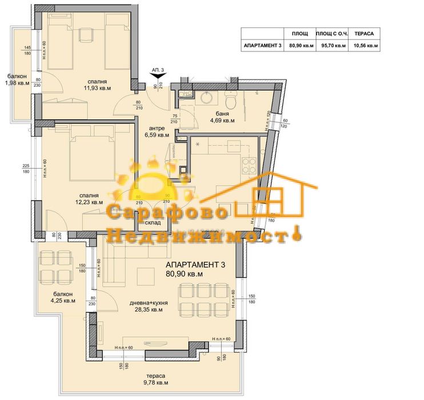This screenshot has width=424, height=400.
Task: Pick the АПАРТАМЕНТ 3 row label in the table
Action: click(x=263, y=46)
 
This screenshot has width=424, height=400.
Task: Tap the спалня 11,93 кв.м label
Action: click(x=97, y=85)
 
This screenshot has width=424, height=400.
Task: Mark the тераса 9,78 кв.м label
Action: click(x=155, y=379)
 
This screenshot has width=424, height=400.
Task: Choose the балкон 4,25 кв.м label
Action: click(x=61, y=297)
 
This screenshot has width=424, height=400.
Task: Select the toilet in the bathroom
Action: click(x=230, y=101)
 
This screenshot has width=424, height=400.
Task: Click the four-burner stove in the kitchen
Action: click(x=250, y=166)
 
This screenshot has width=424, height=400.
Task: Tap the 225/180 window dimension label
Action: click(x=26, y=170)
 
